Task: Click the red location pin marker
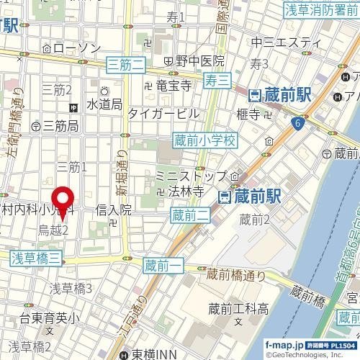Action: (x=62, y=201)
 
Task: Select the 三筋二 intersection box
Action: (x=126, y=66)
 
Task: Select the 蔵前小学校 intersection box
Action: (x=204, y=142)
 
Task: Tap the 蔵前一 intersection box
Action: (x=161, y=266)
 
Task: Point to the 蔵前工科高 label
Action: (x=238, y=310)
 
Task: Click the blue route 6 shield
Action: (x=297, y=125)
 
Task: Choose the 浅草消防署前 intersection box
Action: (x=321, y=9)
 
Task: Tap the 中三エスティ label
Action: (x=280, y=43)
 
